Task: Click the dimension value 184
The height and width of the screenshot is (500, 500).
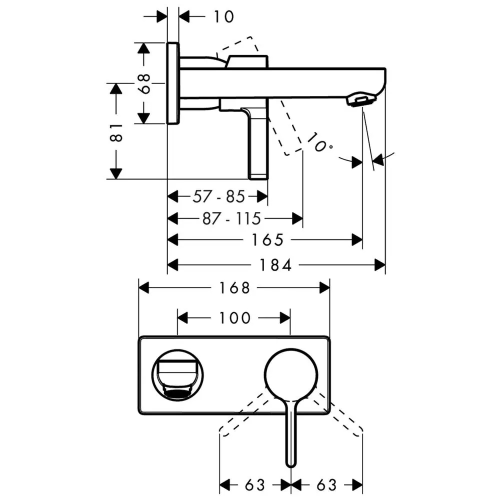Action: pyautogui.click(x=275, y=265)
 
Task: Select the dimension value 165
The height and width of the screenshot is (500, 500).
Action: pyautogui.click(x=267, y=240)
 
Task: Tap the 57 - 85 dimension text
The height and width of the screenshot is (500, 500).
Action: pyautogui.click(x=219, y=196)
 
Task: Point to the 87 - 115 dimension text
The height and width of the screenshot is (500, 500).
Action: pyautogui.click(x=232, y=219)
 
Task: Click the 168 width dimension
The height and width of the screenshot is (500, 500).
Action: pyautogui.click(x=234, y=288)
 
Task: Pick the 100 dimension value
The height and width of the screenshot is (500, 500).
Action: pyautogui.click(x=234, y=318)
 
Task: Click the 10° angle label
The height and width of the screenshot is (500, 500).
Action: pyautogui.click(x=320, y=142)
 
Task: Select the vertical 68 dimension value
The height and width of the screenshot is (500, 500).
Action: pyautogui.click(x=145, y=83)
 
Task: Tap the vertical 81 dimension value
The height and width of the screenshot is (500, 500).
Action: pyautogui.click(x=116, y=132)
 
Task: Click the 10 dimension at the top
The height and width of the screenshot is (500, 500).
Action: pyautogui.click(x=224, y=16)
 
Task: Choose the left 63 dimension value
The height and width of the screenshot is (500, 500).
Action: pyautogui.click(x=255, y=485)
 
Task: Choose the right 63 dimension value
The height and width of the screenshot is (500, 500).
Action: pyautogui.click(x=327, y=485)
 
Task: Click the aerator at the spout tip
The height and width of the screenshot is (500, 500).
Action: pyautogui.click(x=360, y=100)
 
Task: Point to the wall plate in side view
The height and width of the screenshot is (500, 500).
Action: pyautogui.click(x=173, y=83)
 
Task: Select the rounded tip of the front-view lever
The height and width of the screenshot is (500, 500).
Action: pyautogui.click(x=290, y=463)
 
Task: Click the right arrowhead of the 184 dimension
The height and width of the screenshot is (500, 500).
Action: pyautogui.click(x=380, y=265)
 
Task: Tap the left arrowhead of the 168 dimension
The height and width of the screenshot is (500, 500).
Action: pyautogui.click(x=144, y=288)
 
